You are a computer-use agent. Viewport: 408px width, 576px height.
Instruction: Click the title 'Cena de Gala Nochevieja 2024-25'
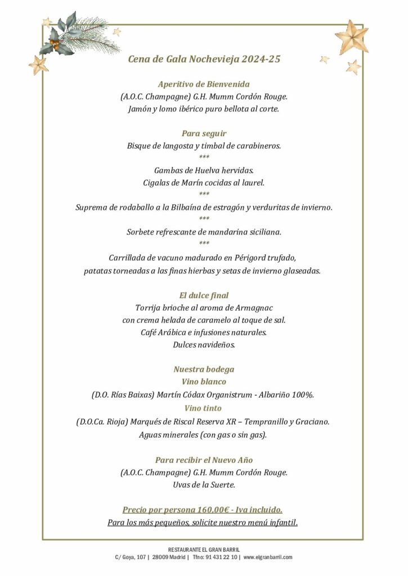[x=204, y=59]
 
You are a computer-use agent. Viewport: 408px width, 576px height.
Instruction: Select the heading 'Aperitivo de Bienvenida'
[x=204, y=84]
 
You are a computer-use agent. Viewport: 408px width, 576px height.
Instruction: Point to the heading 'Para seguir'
[x=204, y=133]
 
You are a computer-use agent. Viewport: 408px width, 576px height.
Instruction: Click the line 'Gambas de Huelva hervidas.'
[x=204, y=170]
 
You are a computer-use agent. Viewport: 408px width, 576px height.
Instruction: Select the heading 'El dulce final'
[x=204, y=295]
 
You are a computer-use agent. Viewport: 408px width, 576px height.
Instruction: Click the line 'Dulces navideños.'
[x=204, y=345]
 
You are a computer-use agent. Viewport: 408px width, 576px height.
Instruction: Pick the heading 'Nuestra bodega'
[x=204, y=370]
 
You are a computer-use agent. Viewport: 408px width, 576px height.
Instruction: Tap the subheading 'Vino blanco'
[x=204, y=382]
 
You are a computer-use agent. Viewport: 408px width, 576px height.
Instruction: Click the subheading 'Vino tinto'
[x=204, y=408]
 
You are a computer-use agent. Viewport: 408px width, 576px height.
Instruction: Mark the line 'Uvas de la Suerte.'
[x=204, y=485]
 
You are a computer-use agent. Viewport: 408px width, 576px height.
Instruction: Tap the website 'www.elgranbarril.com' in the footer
[x=268, y=557]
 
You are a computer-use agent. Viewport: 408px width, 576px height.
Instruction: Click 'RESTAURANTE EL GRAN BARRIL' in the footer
[x=204, y=549]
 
